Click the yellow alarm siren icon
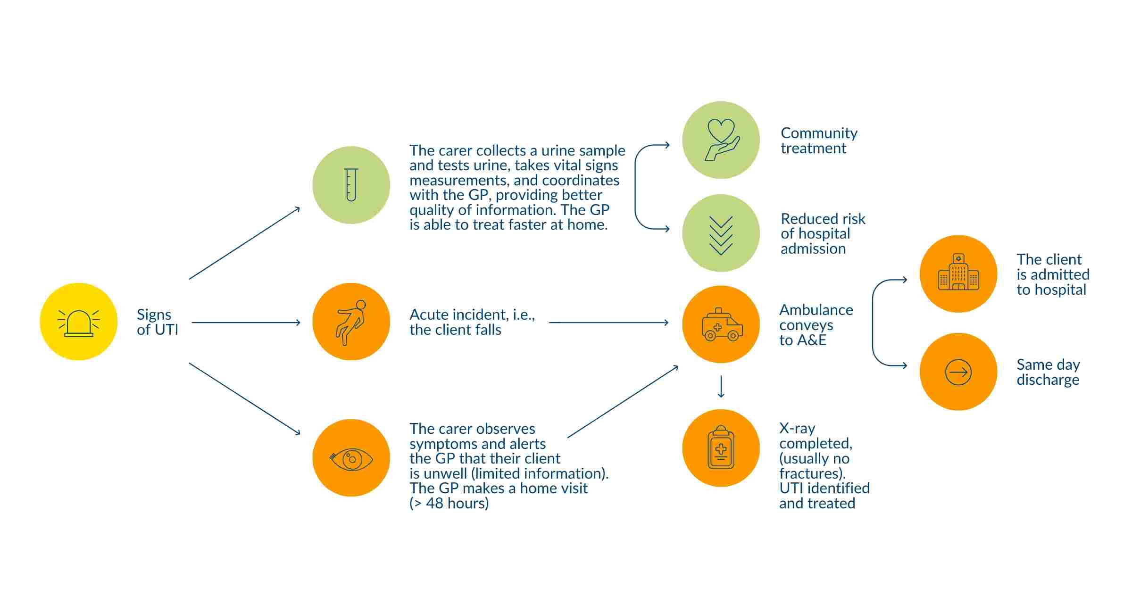coord(79,322)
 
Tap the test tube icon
coord(351,185)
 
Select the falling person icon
coord(351,322)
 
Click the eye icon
coord(351,458)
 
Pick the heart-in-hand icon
coord(721,140)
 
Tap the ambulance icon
coord(721,324)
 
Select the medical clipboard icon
coord(721,448)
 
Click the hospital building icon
coord(958,274)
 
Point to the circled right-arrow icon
coord(958,372)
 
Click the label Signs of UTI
coord(157,322)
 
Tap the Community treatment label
coord(819,141)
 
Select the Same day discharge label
coord(1048,372)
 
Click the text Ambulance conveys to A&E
coord(816,325)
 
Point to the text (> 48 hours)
coord(449,504)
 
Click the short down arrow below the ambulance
coord(721,387)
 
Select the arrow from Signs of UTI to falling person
coord(246,323)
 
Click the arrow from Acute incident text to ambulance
coord(608,323)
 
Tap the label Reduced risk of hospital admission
coord(823,234)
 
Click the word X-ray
coord(797,429)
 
